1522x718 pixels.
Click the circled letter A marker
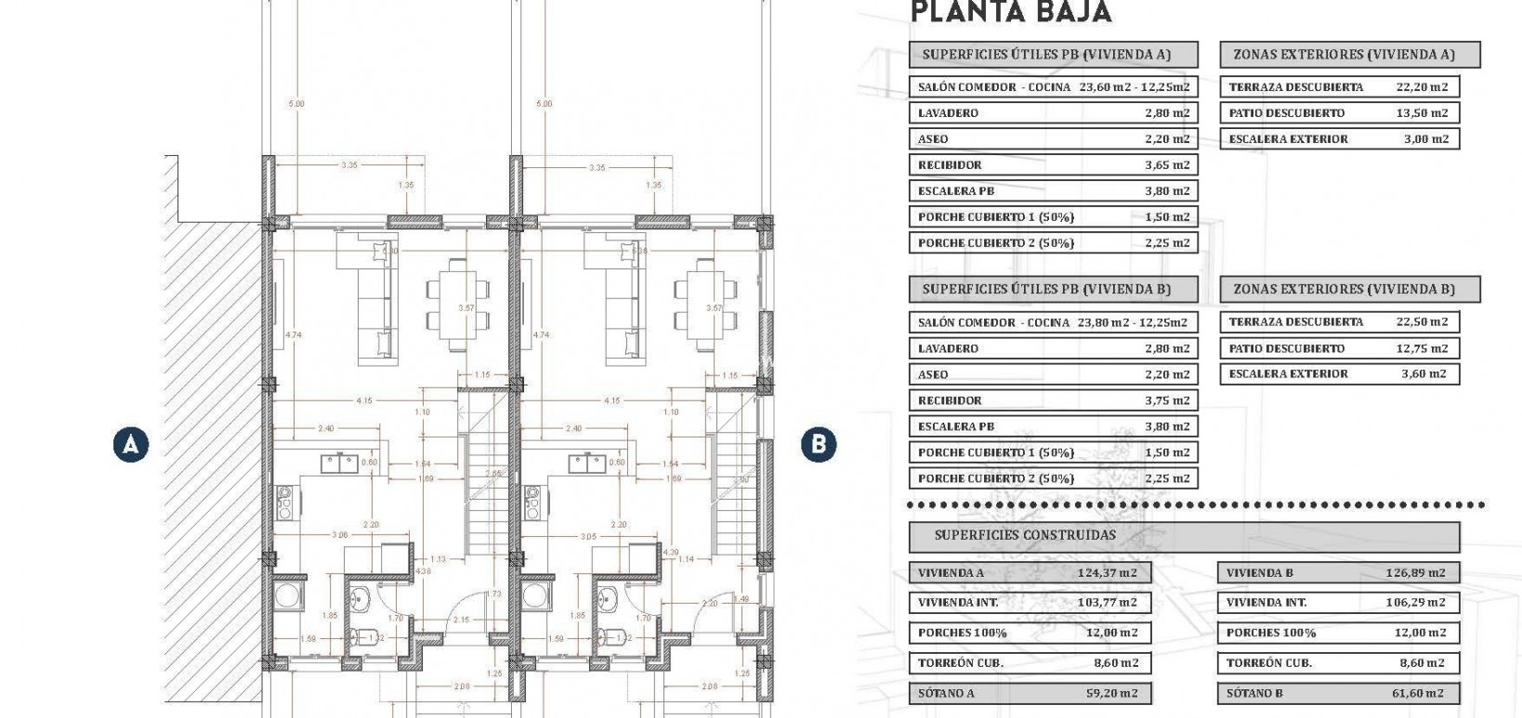(131, 444)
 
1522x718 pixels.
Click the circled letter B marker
(818, 444)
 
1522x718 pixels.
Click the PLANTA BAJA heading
(1011, 13)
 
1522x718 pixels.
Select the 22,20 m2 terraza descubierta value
(1422, 86)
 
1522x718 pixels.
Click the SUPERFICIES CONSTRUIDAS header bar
(1183, 535)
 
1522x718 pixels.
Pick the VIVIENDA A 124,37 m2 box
(1029, 572)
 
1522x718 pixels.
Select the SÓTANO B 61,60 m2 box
(1337, 693)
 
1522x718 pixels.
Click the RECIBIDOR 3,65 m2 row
(1053, 164)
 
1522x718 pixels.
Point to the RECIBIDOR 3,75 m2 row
(1053, 400)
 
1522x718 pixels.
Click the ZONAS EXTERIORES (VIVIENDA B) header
(1348, 289)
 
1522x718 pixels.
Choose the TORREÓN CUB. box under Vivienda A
(1029, 662)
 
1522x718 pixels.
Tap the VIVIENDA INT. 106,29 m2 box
(1337, 602)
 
